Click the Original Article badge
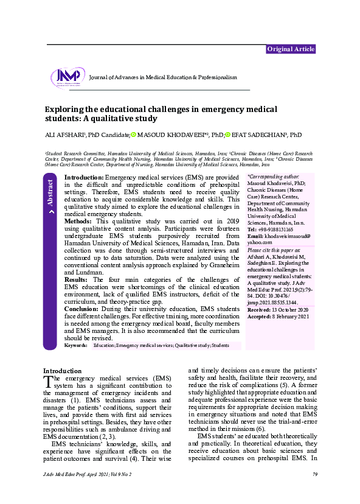(x=291, y=49)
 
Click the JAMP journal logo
(x=66, y=77)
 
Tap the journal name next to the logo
(x=162, y=78)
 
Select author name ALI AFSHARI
(x=64, y=135)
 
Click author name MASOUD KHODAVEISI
(x=171, y=135)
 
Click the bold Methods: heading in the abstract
(x=78, y=221)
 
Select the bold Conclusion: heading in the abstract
(x=82, y=308)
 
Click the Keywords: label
(x=75, y=345)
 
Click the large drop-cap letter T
(x=50, y=382)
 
